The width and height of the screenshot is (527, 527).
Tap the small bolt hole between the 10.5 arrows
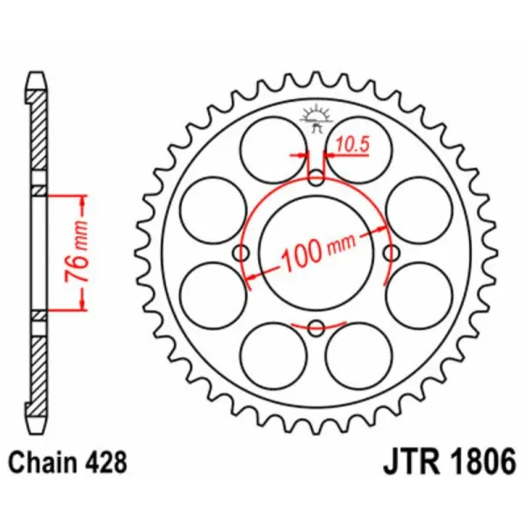(317, 178)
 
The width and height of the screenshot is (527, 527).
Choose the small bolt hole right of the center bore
(392, 254)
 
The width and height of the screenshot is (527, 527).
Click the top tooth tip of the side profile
(35, 73)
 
